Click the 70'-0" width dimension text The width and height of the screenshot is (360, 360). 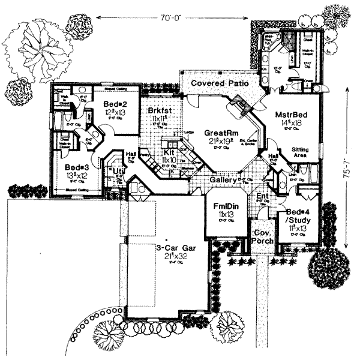click(174, 18)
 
